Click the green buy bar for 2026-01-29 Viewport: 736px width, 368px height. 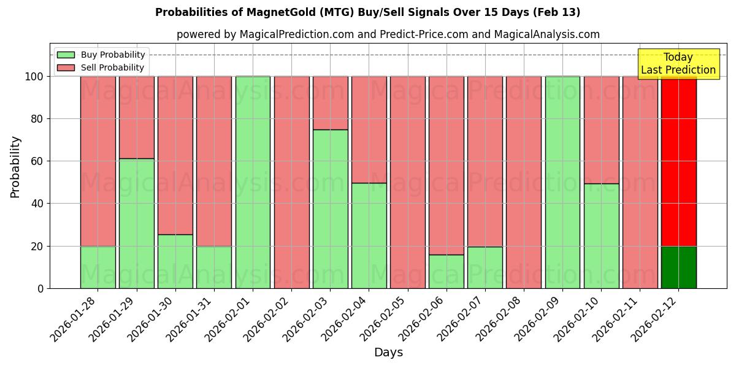click(136, 223)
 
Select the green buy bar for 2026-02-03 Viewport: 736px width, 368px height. click(330, 209)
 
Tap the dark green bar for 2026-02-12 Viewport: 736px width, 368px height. click(678, 267)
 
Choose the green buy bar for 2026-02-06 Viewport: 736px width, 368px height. click(447, 271)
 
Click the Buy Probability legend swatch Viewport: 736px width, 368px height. click(66, 55)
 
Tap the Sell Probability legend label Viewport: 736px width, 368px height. click(112, 67)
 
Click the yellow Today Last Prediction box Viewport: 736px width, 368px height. click(678, 64)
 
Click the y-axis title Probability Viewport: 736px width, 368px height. click(15, 167)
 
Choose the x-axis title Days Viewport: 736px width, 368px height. click(388, 353)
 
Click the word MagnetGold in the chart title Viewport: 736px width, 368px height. click(272, 12)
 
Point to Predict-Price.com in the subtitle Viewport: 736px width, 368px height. click(424, 34)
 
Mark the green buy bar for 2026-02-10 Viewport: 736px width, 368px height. click(601, 236)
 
